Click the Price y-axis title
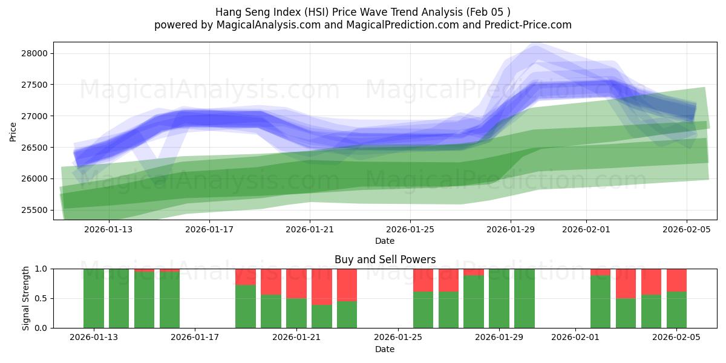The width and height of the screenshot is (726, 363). coord(13,131)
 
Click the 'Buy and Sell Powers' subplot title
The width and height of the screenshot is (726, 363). coord(385,260)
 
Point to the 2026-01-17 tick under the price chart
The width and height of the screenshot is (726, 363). coord(209,229)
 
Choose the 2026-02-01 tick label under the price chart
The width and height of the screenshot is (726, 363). coord(586,229)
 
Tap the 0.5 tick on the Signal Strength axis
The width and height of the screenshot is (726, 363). coord(41,298)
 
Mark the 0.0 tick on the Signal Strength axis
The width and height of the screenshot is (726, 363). coord(41,328)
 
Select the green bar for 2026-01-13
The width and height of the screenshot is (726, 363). coord(94,298)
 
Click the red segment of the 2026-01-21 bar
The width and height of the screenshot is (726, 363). coord(296,283)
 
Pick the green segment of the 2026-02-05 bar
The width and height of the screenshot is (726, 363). coord(676,310)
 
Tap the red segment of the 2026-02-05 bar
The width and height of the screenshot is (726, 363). coord(676,280)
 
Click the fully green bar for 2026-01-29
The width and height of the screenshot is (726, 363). coord(499,298)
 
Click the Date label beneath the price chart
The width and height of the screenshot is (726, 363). coord(385,241)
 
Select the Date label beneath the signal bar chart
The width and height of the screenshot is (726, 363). coord(385,349)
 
